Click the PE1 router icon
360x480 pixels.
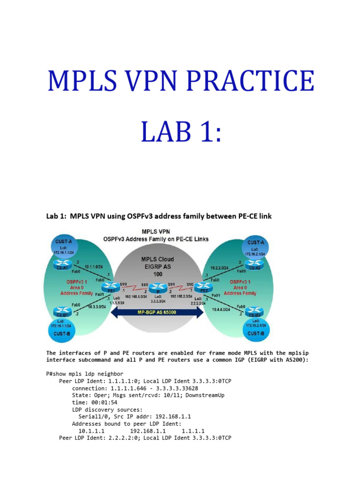coord(112,285)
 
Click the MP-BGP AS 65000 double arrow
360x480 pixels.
coord(157,313)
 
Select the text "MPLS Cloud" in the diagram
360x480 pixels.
coord(157,259)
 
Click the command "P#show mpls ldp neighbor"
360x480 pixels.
coord(85,374)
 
